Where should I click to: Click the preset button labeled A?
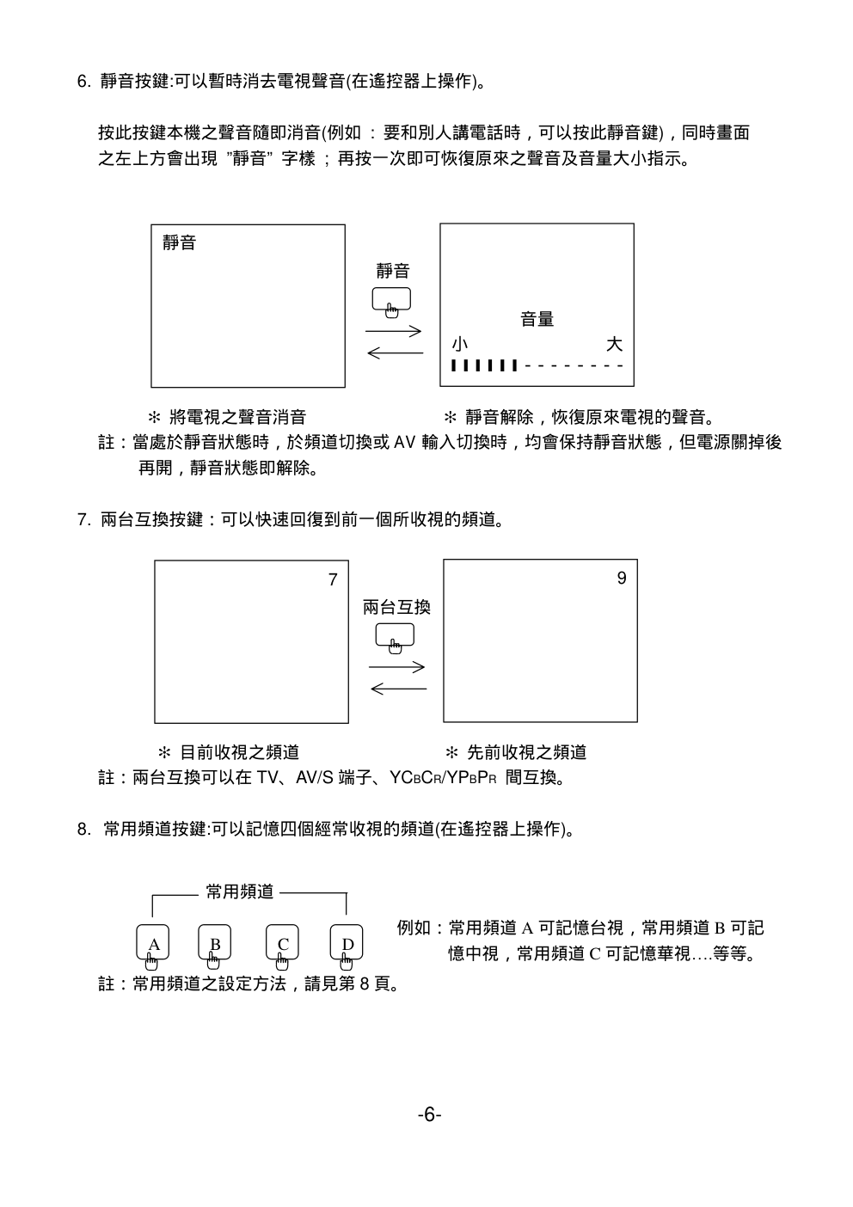[x=153, y=943]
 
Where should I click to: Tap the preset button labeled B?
[x=215, y=943]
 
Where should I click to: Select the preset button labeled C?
[x=282, y=943]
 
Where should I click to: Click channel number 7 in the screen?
[x=333, y=580]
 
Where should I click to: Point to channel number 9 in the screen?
[x=622, y=579]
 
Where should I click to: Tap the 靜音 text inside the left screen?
[x=179, y=243]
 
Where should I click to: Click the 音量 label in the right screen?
[x=537, y=320]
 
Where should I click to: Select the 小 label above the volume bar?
[x=460, y=345]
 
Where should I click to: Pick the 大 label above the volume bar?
[x=614, y=345]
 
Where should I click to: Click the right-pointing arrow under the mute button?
[x=393, y=331]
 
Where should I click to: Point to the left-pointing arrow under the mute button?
[x=395, y=352]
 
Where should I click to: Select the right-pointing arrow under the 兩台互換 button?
[x=396, y=667]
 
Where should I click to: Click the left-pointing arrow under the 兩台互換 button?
[x=398, y=688]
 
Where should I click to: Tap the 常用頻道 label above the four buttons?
[x=240, y=892]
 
